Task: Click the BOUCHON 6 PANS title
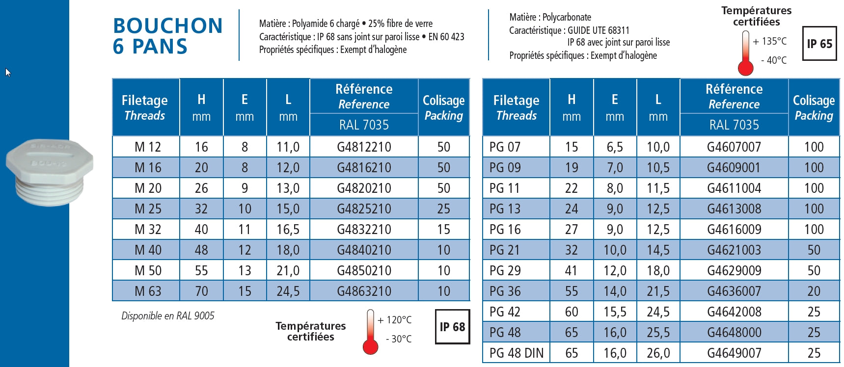167,36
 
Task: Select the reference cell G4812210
364,147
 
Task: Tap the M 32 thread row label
148,229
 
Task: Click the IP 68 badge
452,327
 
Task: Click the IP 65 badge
819,44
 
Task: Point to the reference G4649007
734,353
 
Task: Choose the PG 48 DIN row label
517,353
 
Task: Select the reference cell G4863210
364,291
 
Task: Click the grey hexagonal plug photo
49,171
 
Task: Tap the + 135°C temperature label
769,41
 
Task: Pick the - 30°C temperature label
399,339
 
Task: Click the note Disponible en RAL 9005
168,316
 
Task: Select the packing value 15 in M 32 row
443,229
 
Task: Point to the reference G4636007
734,291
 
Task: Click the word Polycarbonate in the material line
567,17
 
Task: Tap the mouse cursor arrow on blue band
8,72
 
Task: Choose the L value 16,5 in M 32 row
288,229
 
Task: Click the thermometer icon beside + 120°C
371,332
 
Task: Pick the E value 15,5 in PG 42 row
615,312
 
